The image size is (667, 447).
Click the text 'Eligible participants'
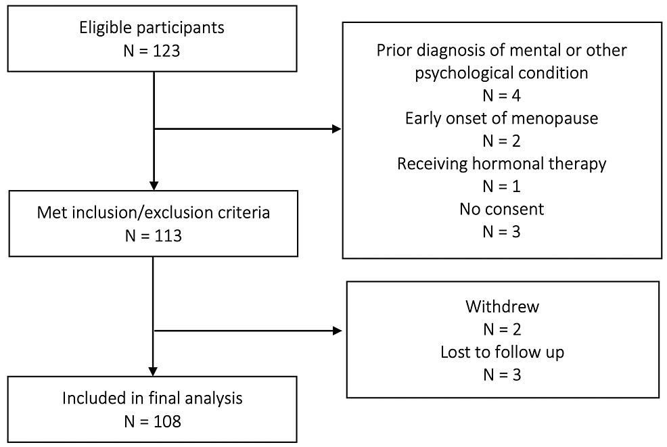point(152,28)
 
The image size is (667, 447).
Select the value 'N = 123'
point(152,51)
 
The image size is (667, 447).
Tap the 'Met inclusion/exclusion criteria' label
point(153,213)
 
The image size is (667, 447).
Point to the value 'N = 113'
point(153,235)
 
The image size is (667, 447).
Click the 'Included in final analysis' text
point(152,398)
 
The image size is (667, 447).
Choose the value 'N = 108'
point(152,421)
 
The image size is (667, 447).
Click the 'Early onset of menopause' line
point(501,118)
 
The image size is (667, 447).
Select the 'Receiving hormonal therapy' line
point(501,164)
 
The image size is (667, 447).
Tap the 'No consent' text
point(501,209)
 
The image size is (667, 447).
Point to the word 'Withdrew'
point(502,306)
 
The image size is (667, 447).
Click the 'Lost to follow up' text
point(502,352)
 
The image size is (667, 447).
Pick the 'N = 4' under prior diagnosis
point(501,96)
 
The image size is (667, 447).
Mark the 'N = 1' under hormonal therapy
point(501,186)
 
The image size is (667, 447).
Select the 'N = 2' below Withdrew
point(502,329)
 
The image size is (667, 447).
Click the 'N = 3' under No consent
point(501,231)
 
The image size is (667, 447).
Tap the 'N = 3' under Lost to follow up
point(502,375)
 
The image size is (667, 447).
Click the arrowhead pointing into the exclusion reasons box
point(336,128)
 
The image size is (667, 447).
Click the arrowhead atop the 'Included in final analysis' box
point(154,371)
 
